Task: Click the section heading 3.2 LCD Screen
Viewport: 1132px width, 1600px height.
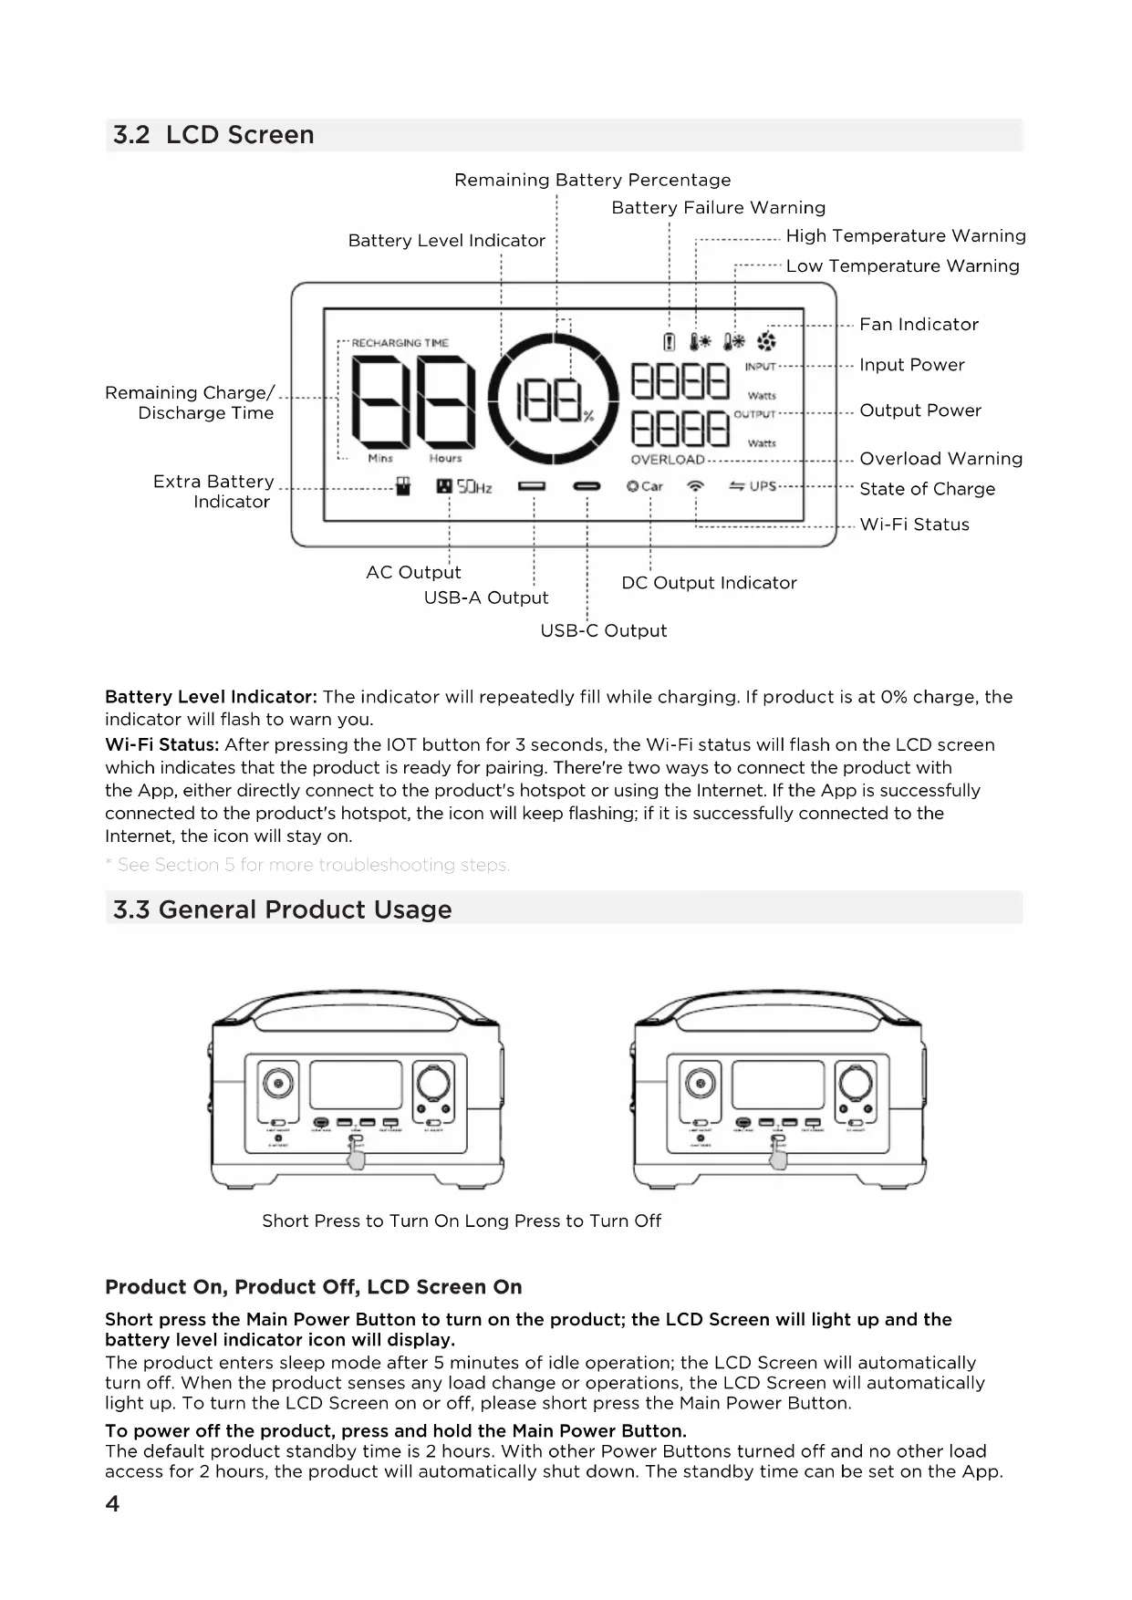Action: point(213,135)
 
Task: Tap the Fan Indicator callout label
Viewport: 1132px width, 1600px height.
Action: point(919,325)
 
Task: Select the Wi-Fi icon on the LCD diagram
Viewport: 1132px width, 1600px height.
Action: point(696,486)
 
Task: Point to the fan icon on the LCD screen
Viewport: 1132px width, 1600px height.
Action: point(767,342)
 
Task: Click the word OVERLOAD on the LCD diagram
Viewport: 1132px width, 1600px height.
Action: point(668,460)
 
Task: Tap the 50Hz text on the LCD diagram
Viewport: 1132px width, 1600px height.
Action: point(474,487)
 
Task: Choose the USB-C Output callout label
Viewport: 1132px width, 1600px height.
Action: point(603,631)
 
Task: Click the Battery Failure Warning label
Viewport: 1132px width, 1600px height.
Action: point(718,208)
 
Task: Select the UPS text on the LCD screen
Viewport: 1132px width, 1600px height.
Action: point(763,486)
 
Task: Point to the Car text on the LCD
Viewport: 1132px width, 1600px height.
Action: point(652,486)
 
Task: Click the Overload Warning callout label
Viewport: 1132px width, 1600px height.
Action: point(940,459)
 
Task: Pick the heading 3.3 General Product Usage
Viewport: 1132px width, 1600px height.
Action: point(282,909)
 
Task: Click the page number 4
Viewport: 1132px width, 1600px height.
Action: point(112,1503)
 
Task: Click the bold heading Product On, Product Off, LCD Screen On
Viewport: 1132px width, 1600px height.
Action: point(314,1287)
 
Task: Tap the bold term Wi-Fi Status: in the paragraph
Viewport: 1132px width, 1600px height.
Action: point(162,745)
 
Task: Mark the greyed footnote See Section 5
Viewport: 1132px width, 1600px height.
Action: point(313,865)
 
